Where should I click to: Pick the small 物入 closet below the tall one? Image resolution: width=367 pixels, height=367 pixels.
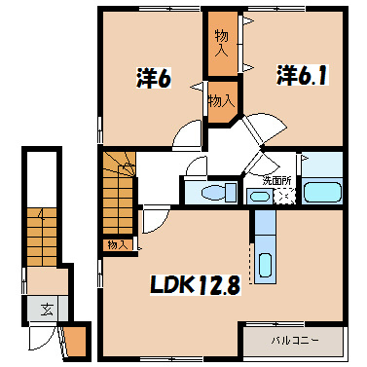coord(221,100)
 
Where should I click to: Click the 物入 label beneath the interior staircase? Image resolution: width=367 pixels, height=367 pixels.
coord(117,243)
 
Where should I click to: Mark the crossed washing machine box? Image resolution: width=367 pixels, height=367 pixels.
coord(285,196)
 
